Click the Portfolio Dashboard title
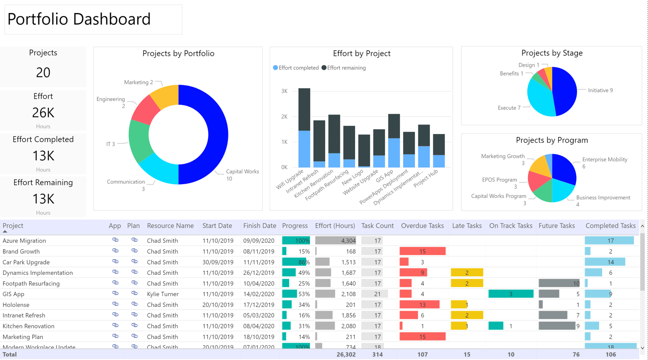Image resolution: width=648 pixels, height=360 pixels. [79, 19]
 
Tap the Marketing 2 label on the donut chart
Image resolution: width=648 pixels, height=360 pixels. [138, 82]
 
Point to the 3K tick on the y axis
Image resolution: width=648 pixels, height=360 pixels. [284, 91]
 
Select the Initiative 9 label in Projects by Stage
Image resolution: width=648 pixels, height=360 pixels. [600, 90]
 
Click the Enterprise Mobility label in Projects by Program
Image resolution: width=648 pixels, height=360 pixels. [604, 159]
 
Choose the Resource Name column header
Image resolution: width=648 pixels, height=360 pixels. [170, 226]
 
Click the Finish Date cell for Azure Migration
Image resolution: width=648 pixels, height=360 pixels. [258, 241]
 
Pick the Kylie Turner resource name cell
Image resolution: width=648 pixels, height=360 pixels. [162, 294]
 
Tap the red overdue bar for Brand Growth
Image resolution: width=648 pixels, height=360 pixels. [422, 251]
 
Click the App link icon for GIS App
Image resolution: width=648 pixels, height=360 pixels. [115, 293]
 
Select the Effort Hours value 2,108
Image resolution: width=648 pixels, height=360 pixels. [348, 294]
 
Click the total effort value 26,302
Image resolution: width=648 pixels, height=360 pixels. [346, 354]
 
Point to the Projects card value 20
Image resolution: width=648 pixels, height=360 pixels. [43, 73]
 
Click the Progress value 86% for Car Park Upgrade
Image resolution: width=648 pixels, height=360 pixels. [304, 262]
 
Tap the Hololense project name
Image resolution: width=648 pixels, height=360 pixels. [16, 305]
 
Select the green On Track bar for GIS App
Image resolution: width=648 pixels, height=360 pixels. [510, 294]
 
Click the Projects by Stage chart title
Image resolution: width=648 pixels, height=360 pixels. [552, 53]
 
